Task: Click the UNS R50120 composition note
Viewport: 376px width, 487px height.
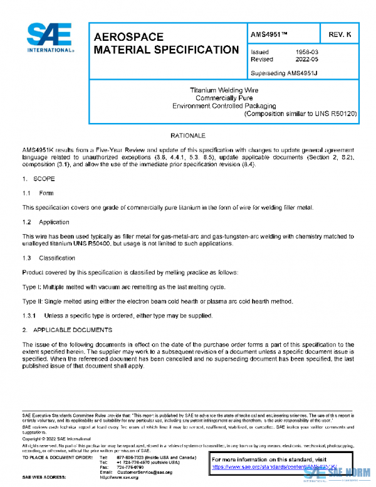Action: (300, 114)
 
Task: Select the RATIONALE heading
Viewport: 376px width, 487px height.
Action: (188, 136)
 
